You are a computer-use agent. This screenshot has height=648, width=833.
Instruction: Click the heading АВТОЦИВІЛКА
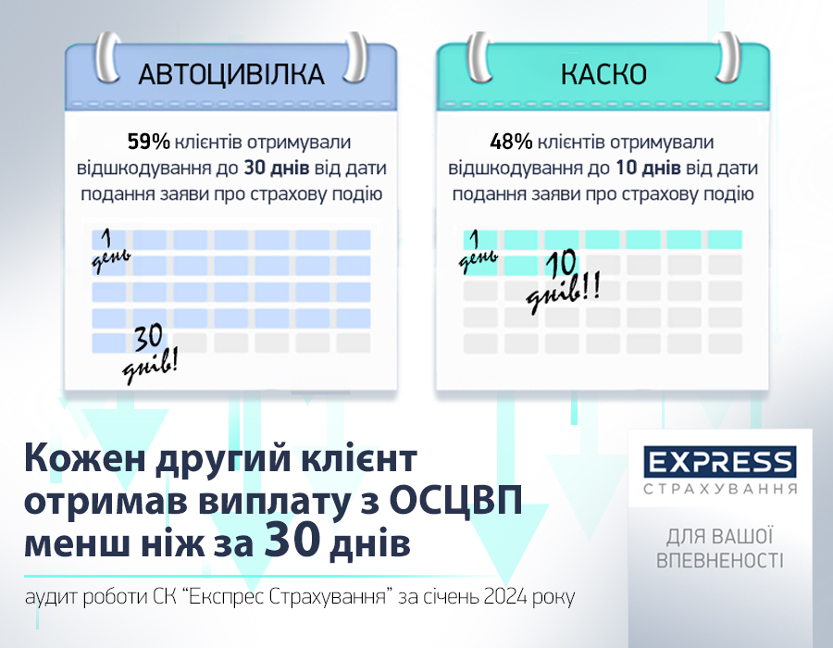tap(231, 74)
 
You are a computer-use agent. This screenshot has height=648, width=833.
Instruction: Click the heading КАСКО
tap(603, 74)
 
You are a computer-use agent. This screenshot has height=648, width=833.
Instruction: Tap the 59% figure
tap(149, 142)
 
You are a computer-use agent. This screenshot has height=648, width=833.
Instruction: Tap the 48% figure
tap(511, 142)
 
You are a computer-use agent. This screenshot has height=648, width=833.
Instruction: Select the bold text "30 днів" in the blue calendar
tap(277, 168)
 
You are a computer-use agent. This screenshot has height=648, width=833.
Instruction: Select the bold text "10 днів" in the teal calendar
tap(648, 168)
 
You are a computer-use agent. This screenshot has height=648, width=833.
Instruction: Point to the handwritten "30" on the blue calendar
tap(148, 338)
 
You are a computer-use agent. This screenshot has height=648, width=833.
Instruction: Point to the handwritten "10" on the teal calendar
tap(562, 264)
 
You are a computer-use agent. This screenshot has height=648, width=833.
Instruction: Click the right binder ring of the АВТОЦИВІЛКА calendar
tap(354, 57)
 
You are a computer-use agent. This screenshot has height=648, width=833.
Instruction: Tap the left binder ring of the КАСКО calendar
tap(479, 57)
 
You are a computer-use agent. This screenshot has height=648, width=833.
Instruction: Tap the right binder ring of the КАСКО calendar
tap(727, 57)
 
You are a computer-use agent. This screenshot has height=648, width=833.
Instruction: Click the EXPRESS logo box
tap(720, 462)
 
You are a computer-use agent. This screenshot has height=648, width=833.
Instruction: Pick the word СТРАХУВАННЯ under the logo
tap(720, 488)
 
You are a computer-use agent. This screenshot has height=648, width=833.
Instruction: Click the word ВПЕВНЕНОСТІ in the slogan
tap(720, 560)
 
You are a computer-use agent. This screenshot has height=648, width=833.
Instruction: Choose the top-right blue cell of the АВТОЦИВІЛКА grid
tap(354, 240)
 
